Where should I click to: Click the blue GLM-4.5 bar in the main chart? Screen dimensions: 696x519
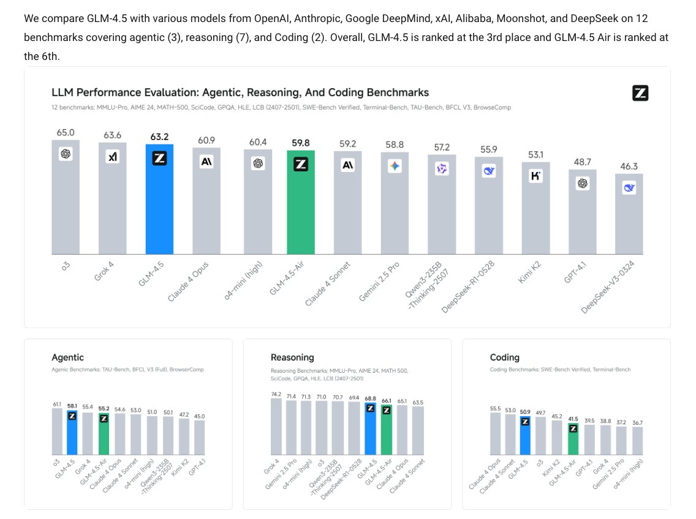click(x=159, y=199)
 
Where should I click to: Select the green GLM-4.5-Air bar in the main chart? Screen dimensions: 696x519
click(x=301, y=203)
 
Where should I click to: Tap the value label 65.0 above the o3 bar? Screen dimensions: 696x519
click(x=66, y=133)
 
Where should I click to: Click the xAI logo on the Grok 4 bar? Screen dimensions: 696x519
click(x=113, y=157)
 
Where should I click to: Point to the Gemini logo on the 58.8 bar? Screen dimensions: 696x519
click(x=395, y=166)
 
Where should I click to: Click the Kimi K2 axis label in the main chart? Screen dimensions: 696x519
click(x=529, y=272)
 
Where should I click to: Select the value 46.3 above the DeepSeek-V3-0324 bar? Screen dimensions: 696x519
click(x=629, y=166)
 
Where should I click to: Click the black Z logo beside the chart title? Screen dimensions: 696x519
click(x=640, y=93)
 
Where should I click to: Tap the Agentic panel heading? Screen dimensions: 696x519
click(x=67, y=357)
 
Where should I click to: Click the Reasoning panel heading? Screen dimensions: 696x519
click(x=292, y=357)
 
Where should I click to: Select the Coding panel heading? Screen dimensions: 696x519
click(x=505, y=357)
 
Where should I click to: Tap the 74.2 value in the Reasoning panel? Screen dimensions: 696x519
click(x=276, y=394)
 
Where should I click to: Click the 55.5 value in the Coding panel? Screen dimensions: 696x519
click(x=496, y=409)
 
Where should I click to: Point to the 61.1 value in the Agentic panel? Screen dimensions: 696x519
click(x=57, y=405)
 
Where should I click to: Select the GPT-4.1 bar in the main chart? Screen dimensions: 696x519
click(x=583, y=212)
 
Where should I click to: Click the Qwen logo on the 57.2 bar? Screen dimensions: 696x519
click(x=442, y=168)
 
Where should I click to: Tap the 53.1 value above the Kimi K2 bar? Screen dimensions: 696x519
click(x=535, y=155)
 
